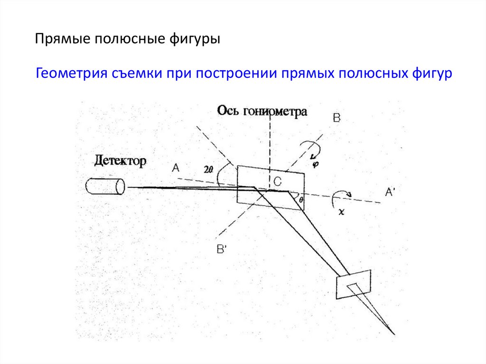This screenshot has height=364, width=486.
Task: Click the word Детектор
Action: (x=120, y=160)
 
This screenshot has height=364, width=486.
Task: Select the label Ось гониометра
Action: (x=262, y=111)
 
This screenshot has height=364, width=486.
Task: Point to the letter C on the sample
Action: (x=277, y=180)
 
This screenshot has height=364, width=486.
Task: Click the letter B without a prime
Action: (x=336, y=119)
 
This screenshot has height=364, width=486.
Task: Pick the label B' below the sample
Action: (x=222, y=248)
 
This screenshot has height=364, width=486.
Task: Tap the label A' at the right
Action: (x=390, y=192)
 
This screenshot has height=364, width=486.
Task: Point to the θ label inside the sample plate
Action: (x=301, y=200)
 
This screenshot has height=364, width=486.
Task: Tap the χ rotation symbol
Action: (x=341, y=212)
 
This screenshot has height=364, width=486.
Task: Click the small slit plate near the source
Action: (x=353, y=284)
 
